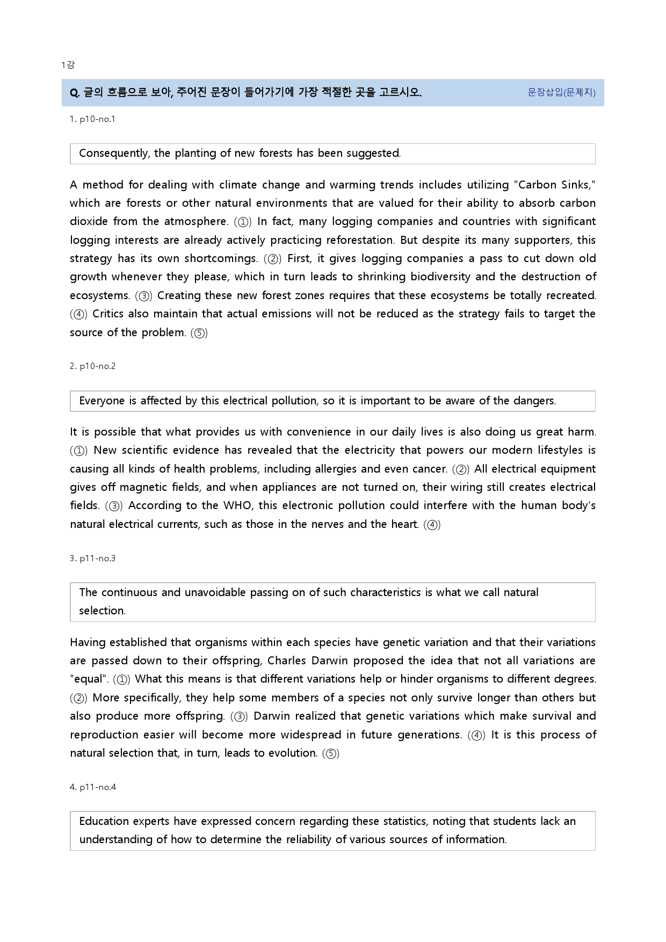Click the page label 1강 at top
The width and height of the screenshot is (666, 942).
tap(68, 65)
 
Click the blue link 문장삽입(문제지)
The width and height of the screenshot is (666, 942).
tap(561, 92)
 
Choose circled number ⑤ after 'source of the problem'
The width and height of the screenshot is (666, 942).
tap(199, 333)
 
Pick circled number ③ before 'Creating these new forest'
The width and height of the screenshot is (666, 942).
tap(143, 296)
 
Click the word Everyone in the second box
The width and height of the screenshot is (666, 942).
tap(102, 401)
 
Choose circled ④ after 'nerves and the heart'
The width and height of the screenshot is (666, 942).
tap(432, 525)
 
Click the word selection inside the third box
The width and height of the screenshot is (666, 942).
tap(102, 611)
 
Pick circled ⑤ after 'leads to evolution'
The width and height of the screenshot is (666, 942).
tap(331, 753)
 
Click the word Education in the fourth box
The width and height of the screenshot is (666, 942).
tap(104, 821)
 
